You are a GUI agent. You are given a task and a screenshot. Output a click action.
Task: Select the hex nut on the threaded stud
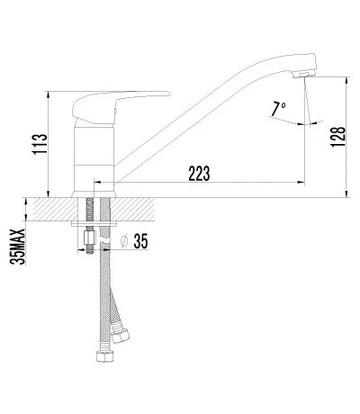(x=89, y=239)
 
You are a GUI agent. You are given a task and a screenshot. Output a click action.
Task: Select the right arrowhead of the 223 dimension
(x=301, y=184)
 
